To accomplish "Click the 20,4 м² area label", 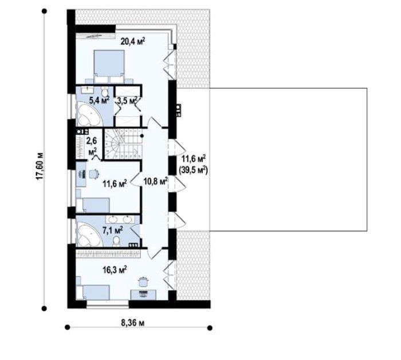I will click(x=132, y=41).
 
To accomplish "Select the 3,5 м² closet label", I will click(x=127, y=101).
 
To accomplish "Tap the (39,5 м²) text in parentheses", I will click(x=194, y=170).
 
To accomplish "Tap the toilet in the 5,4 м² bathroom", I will click(x=105, y=92).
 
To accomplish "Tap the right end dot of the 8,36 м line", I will click(x=210, y=328).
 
